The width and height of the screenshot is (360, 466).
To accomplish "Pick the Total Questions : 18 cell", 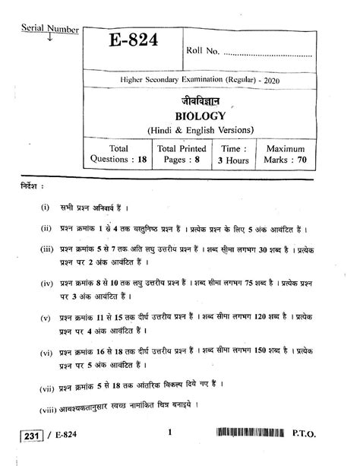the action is click(x=118, y=154).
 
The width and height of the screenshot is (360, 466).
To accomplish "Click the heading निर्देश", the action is click(x=33, y=186).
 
